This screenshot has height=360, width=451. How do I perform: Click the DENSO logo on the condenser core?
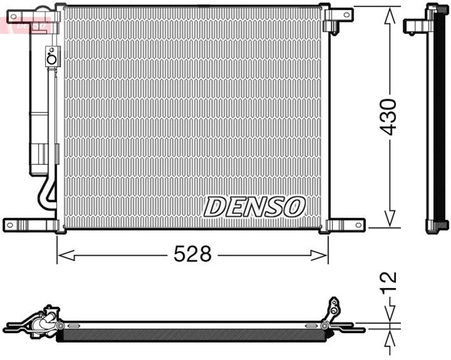(x=254, y=206)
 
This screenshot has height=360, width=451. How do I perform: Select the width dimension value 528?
(x=192, y=254)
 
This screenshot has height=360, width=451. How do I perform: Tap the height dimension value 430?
(x=387, y=116)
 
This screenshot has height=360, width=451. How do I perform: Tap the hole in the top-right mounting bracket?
(x=345, y=13)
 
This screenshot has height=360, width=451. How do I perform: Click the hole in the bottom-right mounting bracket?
(x=357, y=225)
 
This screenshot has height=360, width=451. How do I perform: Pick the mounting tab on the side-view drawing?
(x=414, y=25)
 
